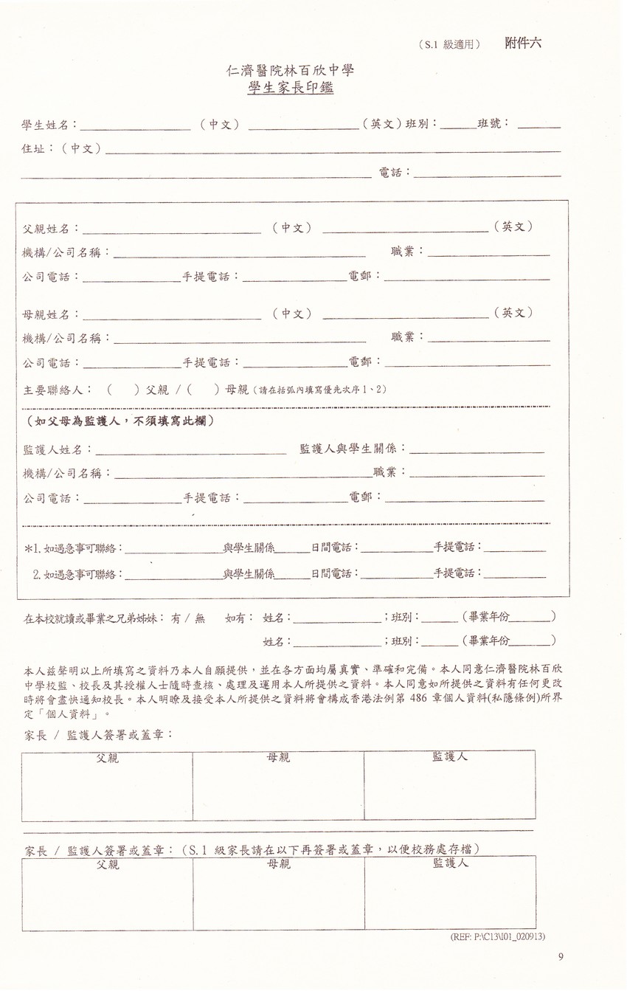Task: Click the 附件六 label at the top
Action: click(523, 43)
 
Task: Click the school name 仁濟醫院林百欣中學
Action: click(291, 71)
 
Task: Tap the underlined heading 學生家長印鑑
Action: click(291, 88)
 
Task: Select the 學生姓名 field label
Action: click(49, 125)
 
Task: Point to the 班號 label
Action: click(493, 123)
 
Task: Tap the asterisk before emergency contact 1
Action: click(28, 548)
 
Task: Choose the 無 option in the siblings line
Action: click(199, 619)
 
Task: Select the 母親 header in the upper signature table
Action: click(278, 757)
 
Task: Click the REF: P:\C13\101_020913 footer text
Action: click(497, 936)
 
